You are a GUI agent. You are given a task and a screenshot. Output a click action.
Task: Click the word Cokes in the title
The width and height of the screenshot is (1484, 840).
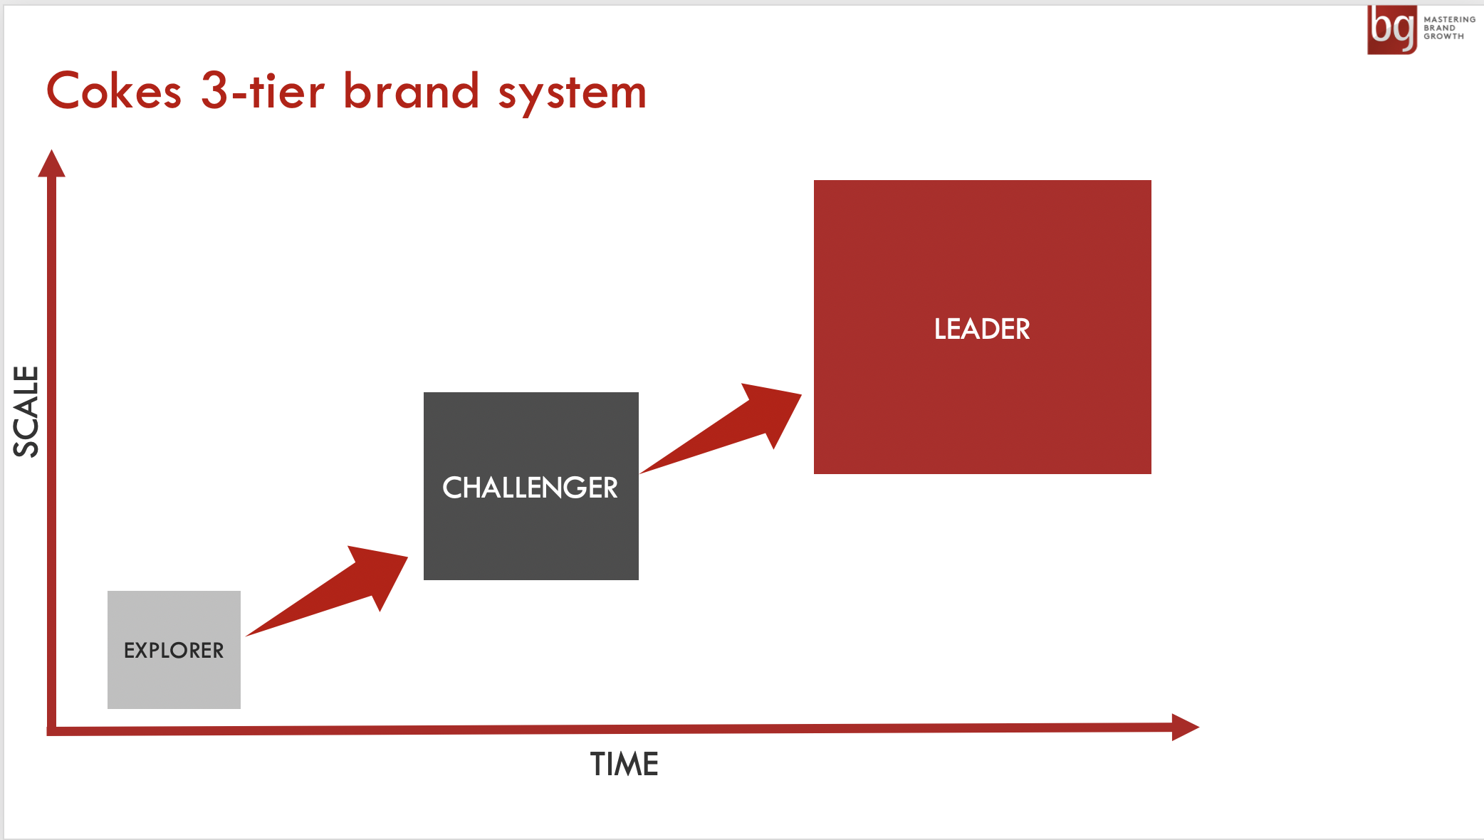pos(114,91)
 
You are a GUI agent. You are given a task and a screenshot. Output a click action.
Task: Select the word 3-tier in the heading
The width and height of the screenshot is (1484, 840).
pos(263,90)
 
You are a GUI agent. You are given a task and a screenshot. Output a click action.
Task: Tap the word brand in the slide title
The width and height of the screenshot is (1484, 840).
pos(412,90)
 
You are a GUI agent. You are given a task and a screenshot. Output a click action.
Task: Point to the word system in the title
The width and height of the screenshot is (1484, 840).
pos(573,95)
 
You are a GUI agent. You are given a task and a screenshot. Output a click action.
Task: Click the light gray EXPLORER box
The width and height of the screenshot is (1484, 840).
pos(174,649)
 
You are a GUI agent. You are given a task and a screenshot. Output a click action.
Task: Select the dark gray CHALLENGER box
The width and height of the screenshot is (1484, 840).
pos(531,485)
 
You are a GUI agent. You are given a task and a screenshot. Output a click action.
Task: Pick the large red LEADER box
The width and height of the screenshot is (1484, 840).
pos(983,327)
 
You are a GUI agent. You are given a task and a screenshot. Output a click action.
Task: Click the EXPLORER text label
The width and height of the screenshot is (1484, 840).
pos(174,650)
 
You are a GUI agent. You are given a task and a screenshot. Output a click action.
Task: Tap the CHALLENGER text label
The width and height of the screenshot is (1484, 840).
pos(531,488)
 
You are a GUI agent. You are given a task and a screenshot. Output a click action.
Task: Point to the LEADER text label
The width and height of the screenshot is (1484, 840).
pos(982,329)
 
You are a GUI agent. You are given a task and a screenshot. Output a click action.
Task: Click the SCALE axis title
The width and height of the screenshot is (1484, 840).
pos(26,411)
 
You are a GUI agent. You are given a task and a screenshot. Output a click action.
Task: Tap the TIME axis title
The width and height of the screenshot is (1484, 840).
pos(625,765)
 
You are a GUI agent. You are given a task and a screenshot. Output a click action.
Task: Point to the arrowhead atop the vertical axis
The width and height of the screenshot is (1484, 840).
pos(51,163)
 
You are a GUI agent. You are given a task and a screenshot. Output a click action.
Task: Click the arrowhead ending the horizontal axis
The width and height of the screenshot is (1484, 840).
pos(1186,727)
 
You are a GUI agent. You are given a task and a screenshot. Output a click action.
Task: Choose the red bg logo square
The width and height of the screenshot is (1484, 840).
pos(1392,30)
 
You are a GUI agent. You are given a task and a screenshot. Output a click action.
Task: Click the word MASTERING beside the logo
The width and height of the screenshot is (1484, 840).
pos(1450,20)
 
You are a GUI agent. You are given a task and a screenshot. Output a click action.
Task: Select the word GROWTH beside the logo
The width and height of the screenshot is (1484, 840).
pos(1444,36)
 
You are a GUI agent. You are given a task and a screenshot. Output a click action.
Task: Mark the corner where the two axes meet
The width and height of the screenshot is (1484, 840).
pos(51,731)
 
